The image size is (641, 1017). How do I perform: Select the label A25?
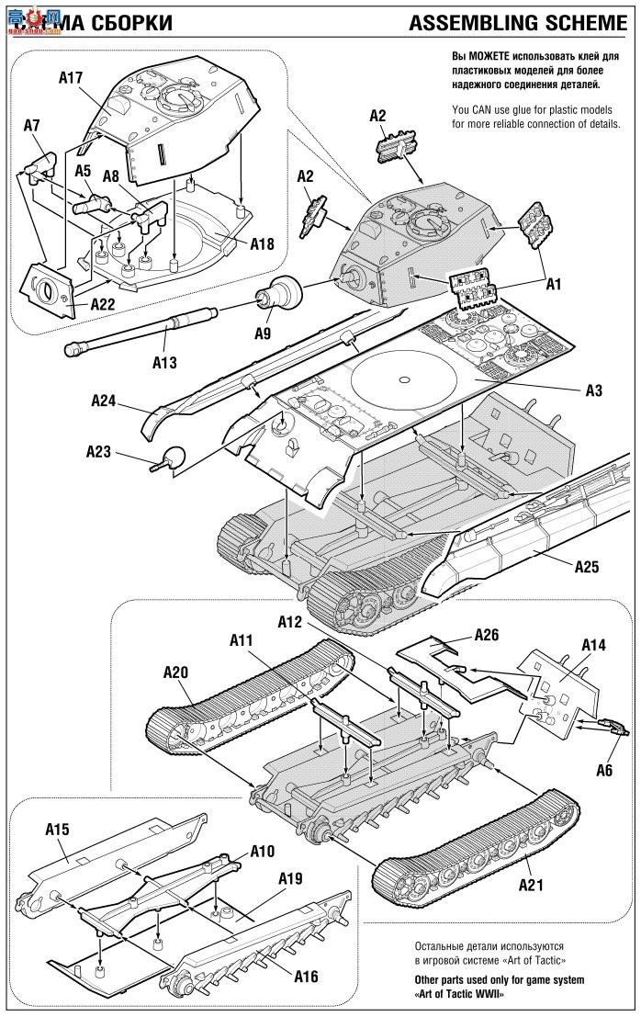587,566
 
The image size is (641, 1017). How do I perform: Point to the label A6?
602,770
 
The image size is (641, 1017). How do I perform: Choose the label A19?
290,878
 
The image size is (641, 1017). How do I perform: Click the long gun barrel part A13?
138,332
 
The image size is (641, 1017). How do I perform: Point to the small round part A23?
173,456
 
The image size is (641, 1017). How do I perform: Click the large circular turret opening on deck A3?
403,379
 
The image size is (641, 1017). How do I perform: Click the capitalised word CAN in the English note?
488,110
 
